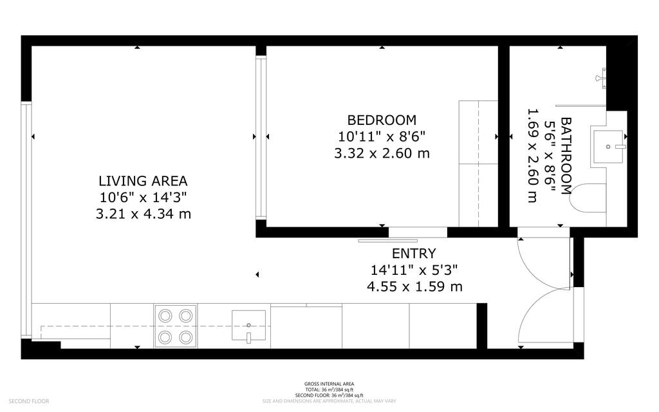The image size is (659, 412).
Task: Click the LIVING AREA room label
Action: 143,181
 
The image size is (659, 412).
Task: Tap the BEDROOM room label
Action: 382,120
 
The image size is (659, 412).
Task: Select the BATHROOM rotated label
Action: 566,155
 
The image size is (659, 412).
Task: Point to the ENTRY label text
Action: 414,254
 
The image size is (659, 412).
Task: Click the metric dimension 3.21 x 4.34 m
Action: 143,214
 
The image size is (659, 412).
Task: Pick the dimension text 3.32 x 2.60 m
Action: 382,153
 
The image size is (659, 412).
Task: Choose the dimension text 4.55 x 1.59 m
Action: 414,286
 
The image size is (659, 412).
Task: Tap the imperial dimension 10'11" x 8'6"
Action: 382,136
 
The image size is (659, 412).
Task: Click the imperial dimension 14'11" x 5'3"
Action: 414,270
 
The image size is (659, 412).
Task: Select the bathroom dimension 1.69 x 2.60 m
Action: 532,155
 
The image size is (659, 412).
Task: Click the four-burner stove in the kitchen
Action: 176,326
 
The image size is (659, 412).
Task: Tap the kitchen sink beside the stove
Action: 248,326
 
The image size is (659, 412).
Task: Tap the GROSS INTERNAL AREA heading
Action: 329,384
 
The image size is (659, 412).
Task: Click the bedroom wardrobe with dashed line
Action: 478,164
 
